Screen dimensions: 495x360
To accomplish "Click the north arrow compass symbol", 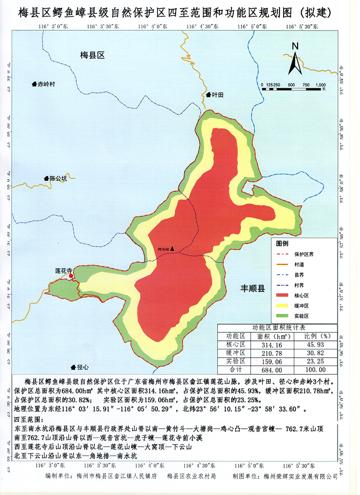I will [295, 59].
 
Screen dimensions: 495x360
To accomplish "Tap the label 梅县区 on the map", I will [92, 56].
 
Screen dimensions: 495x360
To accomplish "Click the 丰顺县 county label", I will [252, 289].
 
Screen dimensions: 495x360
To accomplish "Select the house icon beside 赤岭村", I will [35, 84].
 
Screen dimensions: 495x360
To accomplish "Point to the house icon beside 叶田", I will [208, 95].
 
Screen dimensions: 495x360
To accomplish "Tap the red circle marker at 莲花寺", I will [71, 277].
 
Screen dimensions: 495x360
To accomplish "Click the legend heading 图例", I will [283, 242].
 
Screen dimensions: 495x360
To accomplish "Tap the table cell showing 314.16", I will [269, 345].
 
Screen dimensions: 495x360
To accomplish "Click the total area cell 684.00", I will [269, 370].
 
